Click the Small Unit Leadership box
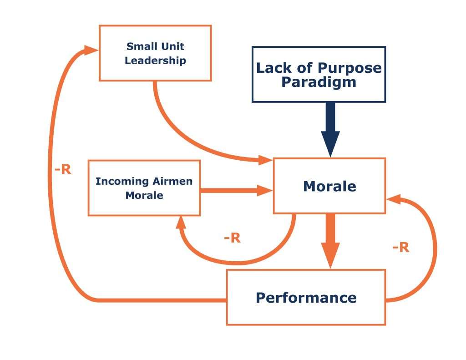pyautogui.click(x=155, y=53)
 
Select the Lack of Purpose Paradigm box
pyautogui.click(x=319, y=74)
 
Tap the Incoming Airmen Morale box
pyautogui.click(x=144, y=188)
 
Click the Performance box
pyautogui.click(x=306, y=297)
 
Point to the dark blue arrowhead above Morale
pyautogui.click(x=330, y=142)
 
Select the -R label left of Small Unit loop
pyautogui.click(x=62, y=170)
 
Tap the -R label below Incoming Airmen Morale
pyautogui.click(x=232, y=238)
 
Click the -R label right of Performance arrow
pyautogui.click(x=400, y=247)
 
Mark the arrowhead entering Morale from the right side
pyautogui.click(x=393, y=199)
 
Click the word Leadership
pyautogui.click(x=155, y=61)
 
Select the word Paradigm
pyautogui.click(x=319, y=82)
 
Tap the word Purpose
pyautogui.click(x=349, y=68)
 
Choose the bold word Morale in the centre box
pyautogui.click(x=329, y=186)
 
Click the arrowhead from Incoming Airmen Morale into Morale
pyautogui.click(x=264, y=190)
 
